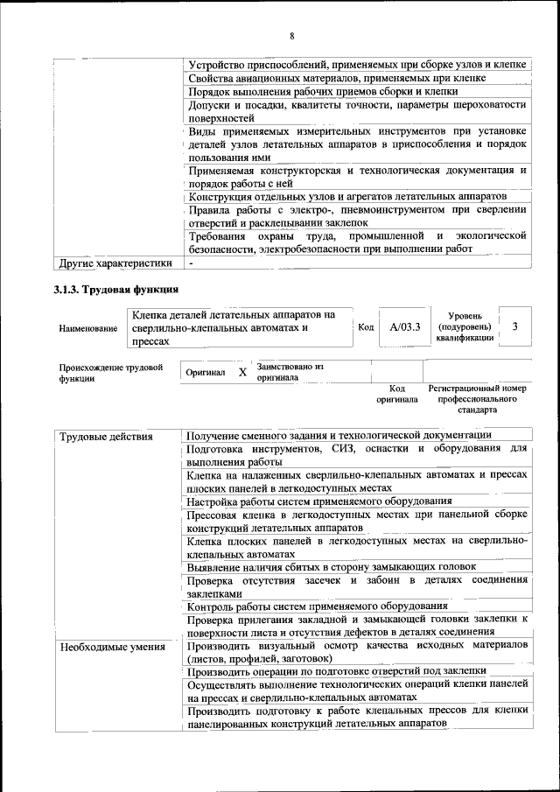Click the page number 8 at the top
click(x=291, y=36)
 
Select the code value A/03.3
click(x=405, y=327)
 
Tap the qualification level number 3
click(x=515, y=327)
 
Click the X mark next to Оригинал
click(x=242, y=372)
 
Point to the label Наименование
click(x=88, y=328)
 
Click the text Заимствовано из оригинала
click(x=290, y=372)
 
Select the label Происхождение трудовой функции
click(x=110, y=374)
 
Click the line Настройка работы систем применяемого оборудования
click(x=325, y=501)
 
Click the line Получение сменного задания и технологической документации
click(x=339, y=435)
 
